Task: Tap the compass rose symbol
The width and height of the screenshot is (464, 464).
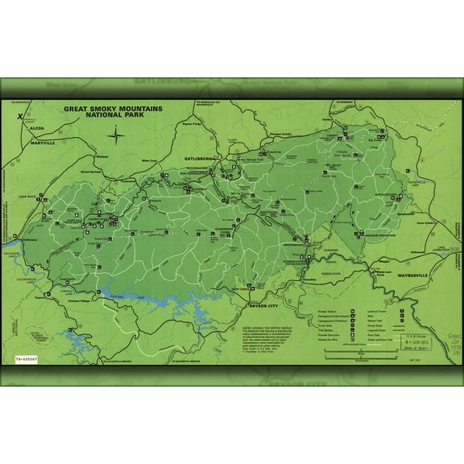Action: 117,134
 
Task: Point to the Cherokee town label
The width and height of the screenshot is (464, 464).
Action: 307,279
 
